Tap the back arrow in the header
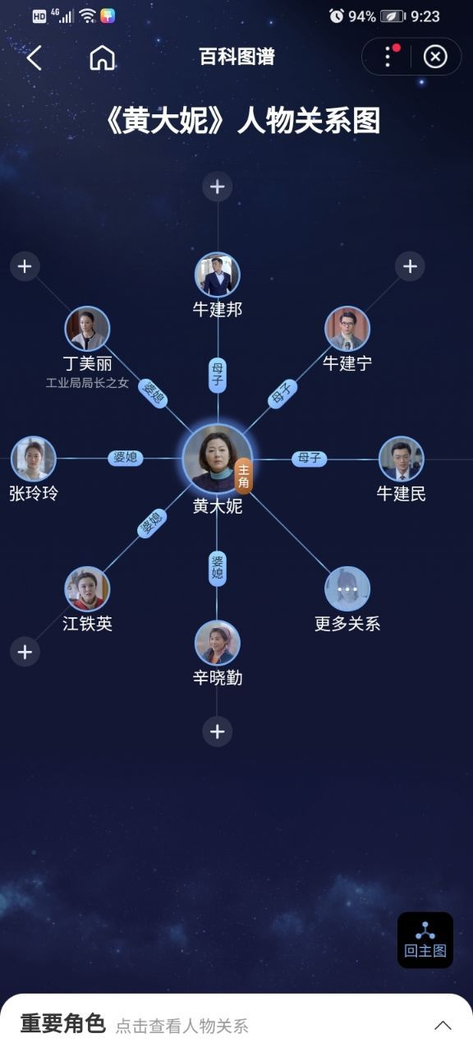click(x=34, y=58)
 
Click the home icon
click(x=103, y=58)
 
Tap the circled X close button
click(x=435, y=57)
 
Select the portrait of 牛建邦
click(x=218, y=275)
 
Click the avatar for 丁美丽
click(x=87, y=329)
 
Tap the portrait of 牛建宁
click(x=347, y=329)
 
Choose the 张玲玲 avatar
click(x=34, y=459)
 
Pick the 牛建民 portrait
click(x=402, y=459)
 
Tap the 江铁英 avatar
click(x=87, y=589)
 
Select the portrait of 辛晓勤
click(x=218, y=643)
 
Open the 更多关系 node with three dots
click(x=347, y=589)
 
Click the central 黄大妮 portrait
click(x=218, y=459)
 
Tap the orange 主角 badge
click(x=244, y=476)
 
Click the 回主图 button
click(x=425, y=939)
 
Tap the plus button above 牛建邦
click(x=218, y=187)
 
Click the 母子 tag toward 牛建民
click(x=310, y=458)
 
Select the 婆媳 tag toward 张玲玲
click(x=126, y=458)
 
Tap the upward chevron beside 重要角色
click(x=443, y=1025)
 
